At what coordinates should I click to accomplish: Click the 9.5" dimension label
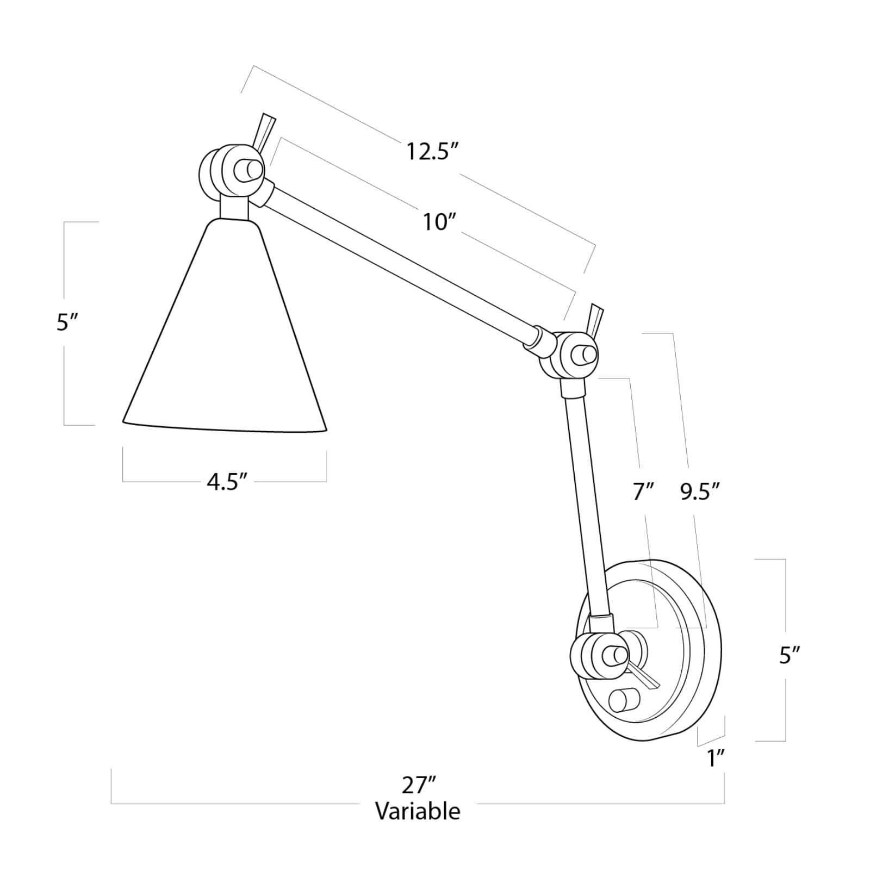(x=700, y=493)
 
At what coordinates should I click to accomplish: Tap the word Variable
(x=418, y=811)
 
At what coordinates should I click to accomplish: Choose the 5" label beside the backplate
(x=790, y=655)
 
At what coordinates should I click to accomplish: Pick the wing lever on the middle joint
(x=595, y=321)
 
